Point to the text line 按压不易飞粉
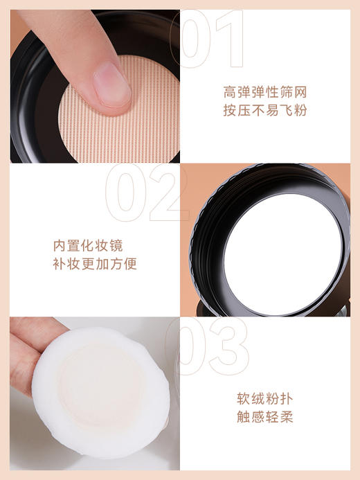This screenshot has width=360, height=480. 265,110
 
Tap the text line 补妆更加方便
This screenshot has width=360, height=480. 96,265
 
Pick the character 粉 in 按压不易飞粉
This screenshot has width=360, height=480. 299,110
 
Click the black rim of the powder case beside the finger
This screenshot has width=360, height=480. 31,104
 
